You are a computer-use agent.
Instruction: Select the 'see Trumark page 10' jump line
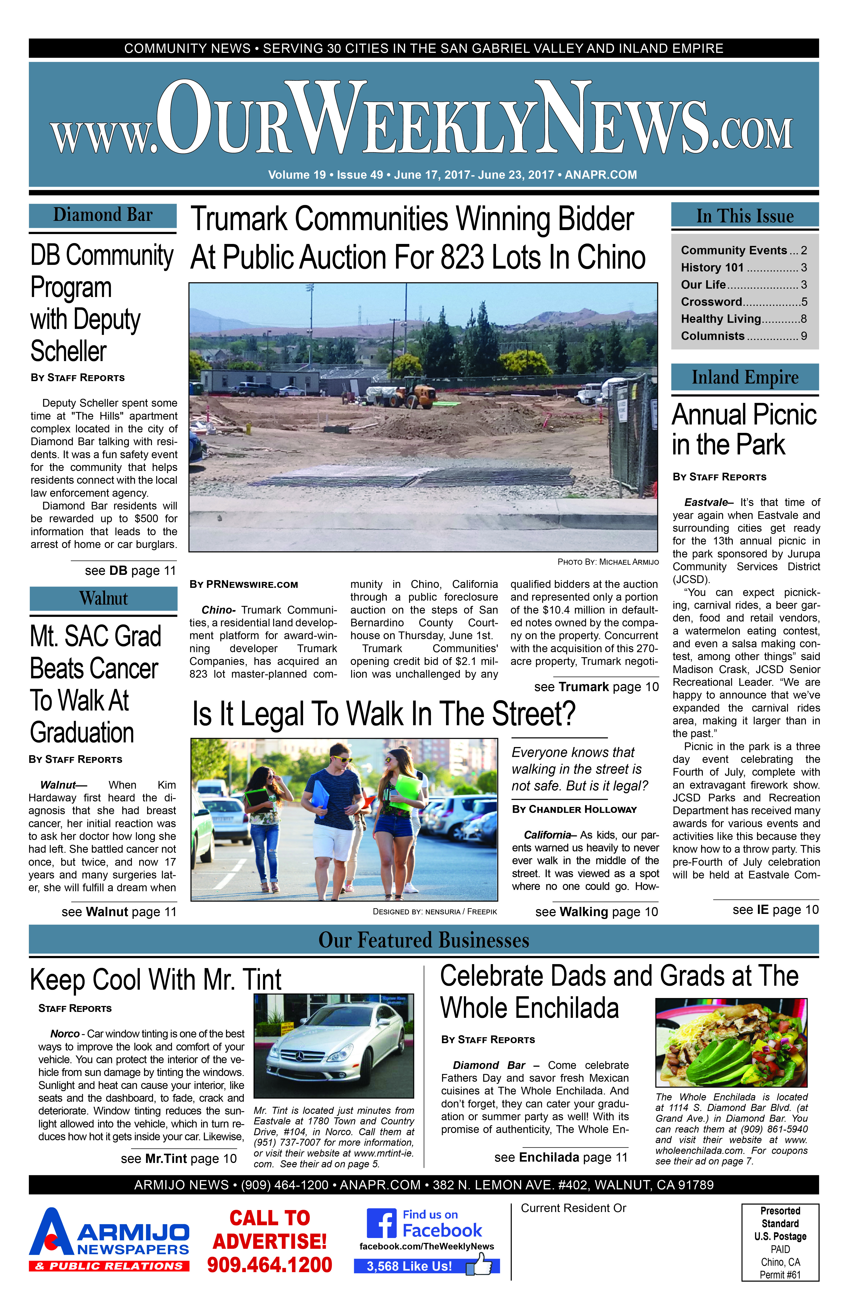point(596,687)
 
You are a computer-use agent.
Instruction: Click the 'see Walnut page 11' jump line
point(119,912)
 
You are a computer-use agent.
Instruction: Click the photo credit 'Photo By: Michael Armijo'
point(608,562)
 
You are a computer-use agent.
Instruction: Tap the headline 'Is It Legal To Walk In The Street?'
point(384,714)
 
